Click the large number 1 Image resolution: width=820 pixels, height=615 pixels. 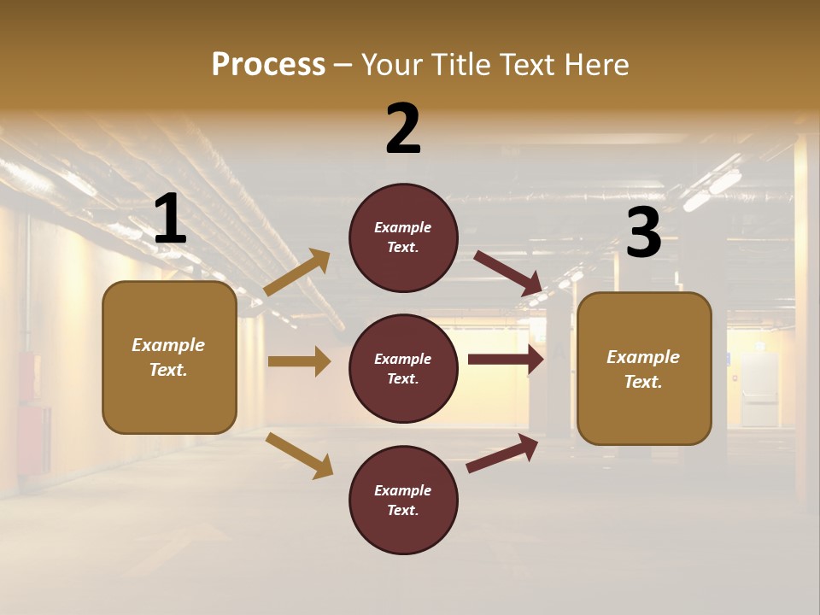tap(170, 220)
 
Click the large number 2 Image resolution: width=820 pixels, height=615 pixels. tap(403, 129)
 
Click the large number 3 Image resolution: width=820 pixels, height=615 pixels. tap(644, 233)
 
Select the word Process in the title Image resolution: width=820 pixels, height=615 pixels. tap(268, 64)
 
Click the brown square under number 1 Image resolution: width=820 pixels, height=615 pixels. tap(169, 357)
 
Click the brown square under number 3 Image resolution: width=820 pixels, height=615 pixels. tap(644, 369)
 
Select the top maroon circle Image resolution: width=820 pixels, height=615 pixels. tap(403, 237)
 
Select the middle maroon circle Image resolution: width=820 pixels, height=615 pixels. tap(403, 368)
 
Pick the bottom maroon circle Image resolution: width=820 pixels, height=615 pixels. tap(403, 500)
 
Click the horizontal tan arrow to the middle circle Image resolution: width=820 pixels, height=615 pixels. tap(299, 361)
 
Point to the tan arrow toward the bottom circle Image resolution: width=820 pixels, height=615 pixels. tap(300, 455)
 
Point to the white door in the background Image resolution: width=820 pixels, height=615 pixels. tap(759, 389)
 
